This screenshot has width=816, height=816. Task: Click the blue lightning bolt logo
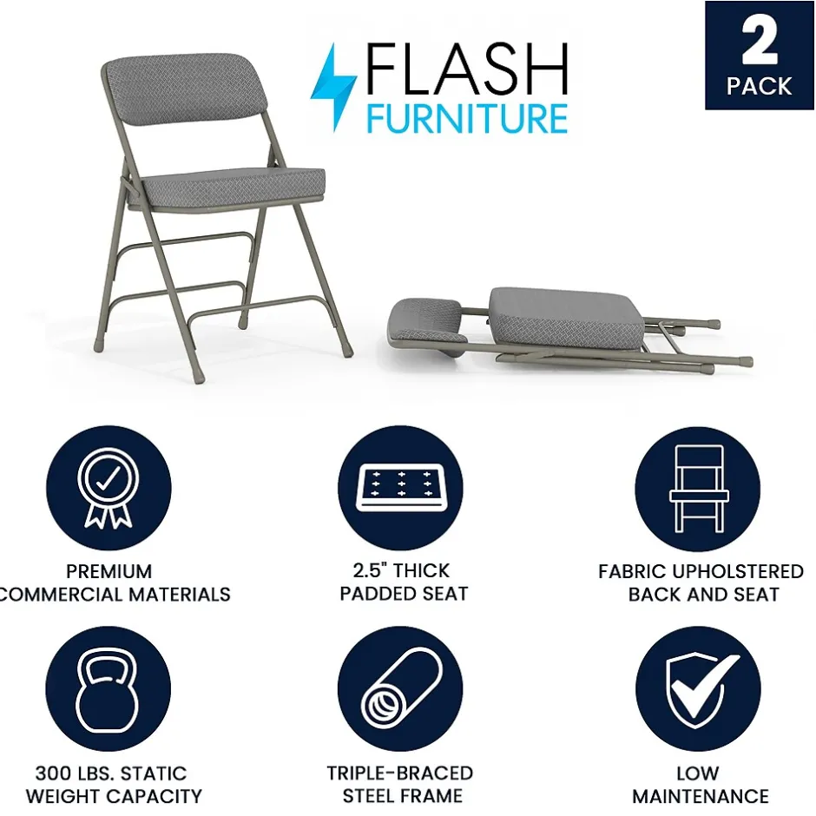click(333, 86)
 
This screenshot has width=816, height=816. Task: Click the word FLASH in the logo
click(467, 69)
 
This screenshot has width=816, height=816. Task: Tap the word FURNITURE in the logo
click(467, 118)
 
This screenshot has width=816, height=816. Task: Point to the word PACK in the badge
click(759, 86)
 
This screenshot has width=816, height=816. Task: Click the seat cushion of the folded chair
click(566, 318)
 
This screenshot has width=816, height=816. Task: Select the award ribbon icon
click(109, 488)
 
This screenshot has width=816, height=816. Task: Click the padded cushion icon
click(401, 487)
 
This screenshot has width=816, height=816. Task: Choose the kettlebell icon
click(108, 689)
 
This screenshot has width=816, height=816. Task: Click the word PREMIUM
click(109, 571)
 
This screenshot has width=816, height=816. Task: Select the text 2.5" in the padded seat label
click(371, 570)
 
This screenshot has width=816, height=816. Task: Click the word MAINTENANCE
click(701, 796)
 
